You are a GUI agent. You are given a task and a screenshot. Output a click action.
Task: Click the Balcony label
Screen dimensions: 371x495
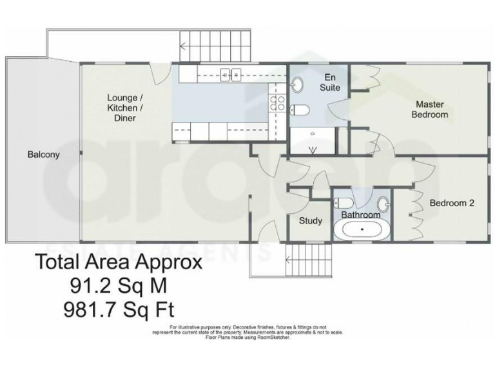[44, 155]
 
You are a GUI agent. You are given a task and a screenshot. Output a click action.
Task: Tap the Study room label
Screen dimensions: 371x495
[311, 221]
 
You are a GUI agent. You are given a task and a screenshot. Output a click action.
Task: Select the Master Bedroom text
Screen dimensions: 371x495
[431, 109]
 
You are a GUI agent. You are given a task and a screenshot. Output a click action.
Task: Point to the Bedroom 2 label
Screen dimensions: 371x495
[452, 203]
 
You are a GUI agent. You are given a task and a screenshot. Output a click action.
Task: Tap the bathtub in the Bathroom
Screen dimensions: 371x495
[362, 229]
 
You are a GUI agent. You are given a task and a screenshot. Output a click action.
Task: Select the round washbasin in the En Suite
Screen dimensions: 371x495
[299, 84]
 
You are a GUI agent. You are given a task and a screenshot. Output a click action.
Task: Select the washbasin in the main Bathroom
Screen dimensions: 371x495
[383, 205]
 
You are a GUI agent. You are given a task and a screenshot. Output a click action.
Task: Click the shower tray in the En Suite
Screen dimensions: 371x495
[313, 141]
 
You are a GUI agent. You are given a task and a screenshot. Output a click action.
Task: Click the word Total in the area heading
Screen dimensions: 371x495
[57, 262]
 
